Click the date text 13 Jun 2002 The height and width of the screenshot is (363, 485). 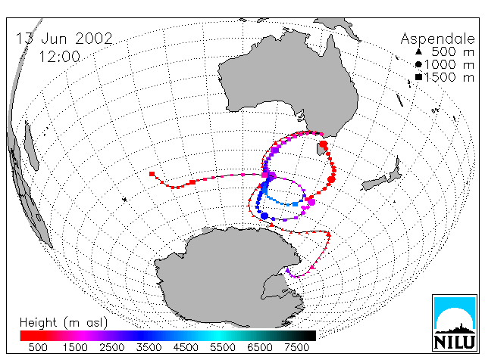[x=64, y=39]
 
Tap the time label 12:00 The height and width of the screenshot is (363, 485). [x=59, y=57]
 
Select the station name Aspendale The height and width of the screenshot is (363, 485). [x=438, y=39]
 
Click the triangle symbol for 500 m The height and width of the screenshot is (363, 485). [x=418, y=51]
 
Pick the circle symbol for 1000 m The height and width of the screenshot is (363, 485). [x=418, y=64]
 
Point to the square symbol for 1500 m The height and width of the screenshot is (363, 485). [x=418, y=77]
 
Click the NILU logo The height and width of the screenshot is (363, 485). [x=455, y=323]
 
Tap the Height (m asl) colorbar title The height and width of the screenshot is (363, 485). [x=64, y=323]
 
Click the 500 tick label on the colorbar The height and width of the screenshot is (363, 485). [x=38, y=348]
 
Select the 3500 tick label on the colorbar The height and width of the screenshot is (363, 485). [x=149, y=348]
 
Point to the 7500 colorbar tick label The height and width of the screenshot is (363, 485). [x=296, y=348]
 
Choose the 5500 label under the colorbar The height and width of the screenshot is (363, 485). [x=223, y=348]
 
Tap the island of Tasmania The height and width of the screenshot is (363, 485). [x=321, y=149]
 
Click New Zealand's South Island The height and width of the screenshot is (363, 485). [x=374, y=183]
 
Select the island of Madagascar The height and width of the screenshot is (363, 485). [x=31, y=146]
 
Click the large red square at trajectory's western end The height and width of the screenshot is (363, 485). [x=152, y=174]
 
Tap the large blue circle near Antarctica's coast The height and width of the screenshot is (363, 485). [x=264, y=216]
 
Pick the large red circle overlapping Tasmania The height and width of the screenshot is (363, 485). [x=324, y=144]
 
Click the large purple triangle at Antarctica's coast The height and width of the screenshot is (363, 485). [x=288, y=271]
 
